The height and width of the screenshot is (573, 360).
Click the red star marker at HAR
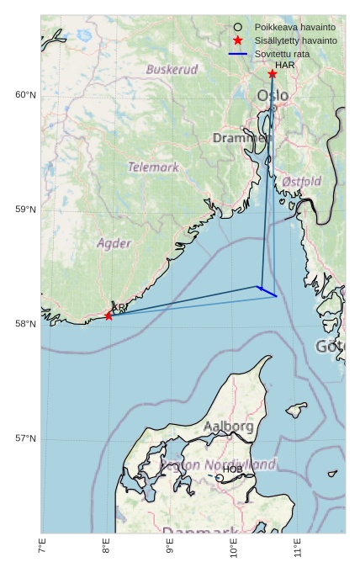click(x=273, y=74)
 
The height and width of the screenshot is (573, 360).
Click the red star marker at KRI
click(x=109, y=316)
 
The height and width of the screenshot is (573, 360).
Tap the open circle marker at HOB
click(x=220, y=478)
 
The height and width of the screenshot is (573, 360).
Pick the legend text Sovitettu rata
click(x=283, y=54)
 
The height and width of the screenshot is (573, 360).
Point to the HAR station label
click(x=284, y=65)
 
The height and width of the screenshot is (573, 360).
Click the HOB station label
click(x=232, y=469)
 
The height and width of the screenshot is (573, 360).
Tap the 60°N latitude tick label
click(x=25, y=95)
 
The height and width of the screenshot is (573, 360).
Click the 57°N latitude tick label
click(x=25, y=438)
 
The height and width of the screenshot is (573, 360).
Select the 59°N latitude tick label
click(x=25, y=210)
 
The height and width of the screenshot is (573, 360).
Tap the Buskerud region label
click(x=172, y=70)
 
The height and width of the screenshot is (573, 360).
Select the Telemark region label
click(x=153, y=167)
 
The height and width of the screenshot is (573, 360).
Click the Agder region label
click(x=114, y=244)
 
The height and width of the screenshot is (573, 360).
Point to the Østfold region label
click(x=301, y=182)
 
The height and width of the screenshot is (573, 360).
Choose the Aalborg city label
click(x=228, y=427)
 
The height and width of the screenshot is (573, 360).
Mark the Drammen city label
click(x=241, y=138)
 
